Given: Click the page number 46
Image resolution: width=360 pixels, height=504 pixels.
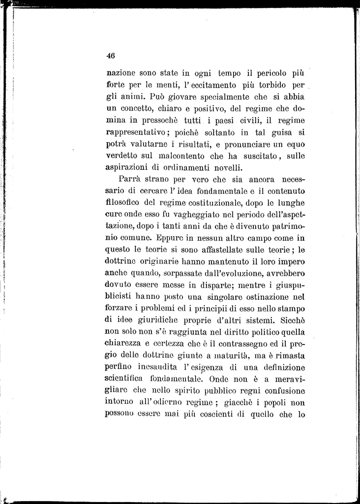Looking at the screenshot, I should coord(110,55).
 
